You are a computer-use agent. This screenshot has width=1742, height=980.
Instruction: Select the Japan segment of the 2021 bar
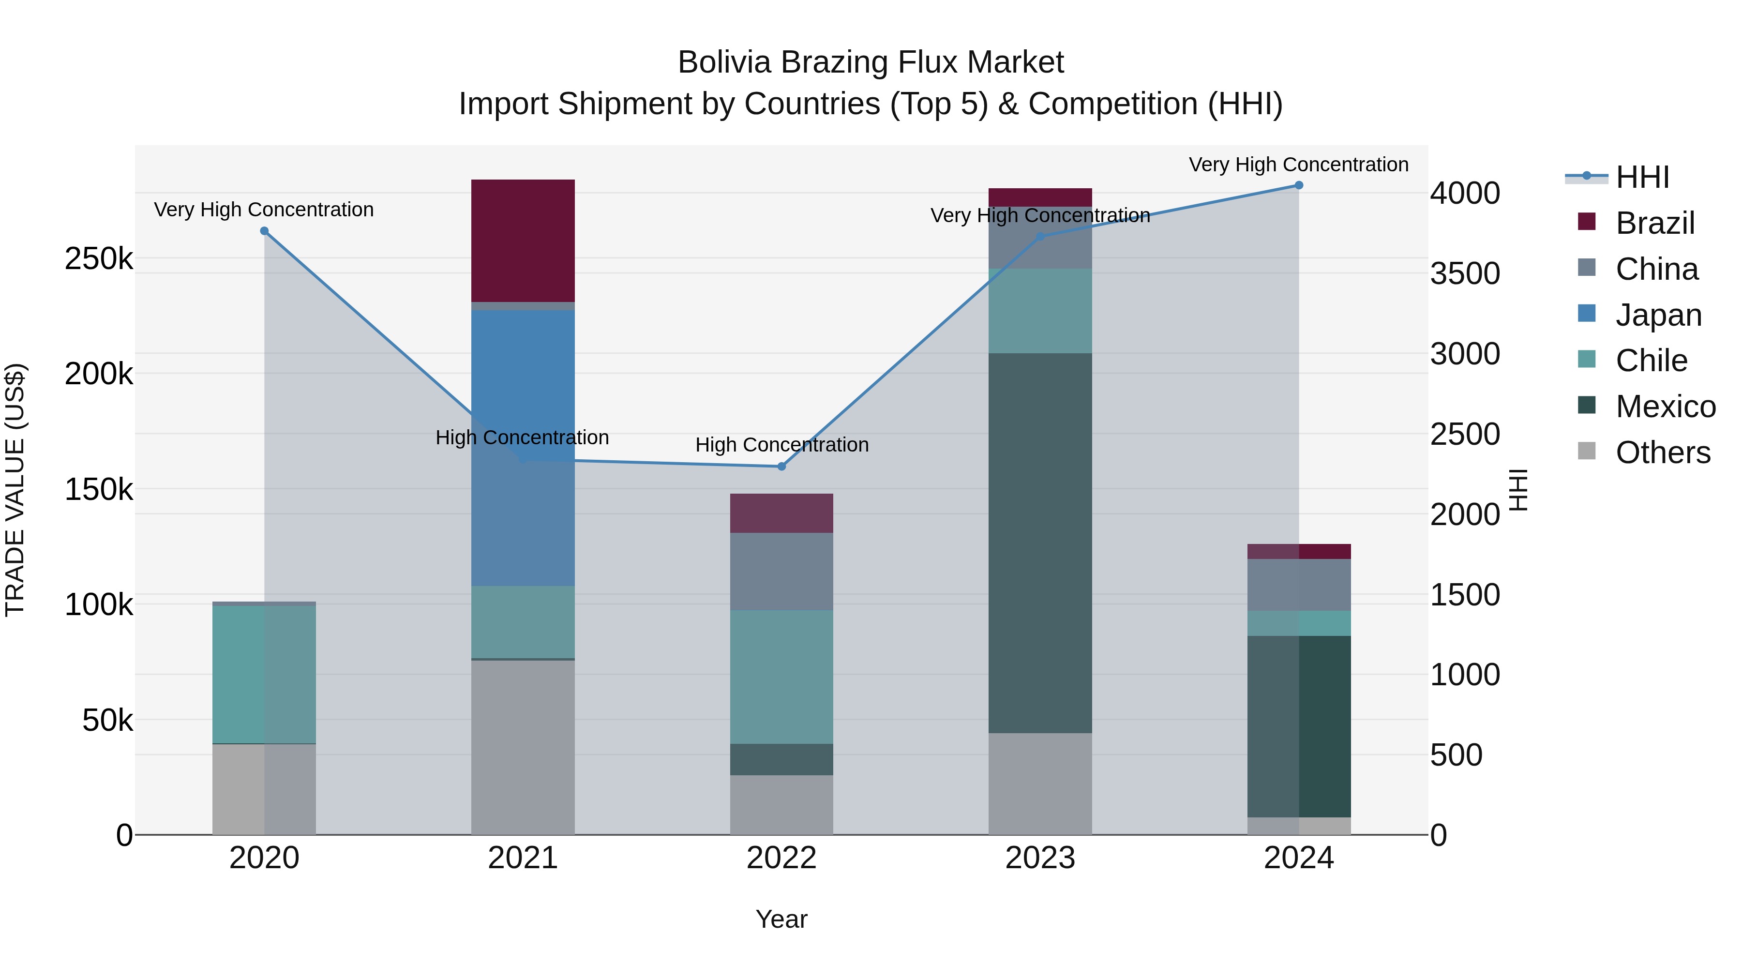pyautogui.click(x=523, y=379)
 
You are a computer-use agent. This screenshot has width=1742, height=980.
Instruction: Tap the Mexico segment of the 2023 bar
pyautogui.click(x=1040, y=543)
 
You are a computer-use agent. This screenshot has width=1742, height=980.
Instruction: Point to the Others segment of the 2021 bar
pyautogui.click(x=523, y=747)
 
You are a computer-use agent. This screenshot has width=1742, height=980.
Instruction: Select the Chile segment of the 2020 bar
pyautogui.click(x=264, y=674)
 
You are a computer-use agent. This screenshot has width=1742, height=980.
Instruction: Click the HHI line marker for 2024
pyautogui.click(x=1298, y=185)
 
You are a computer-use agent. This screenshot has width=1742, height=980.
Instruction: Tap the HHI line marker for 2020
pyautogui.click(x=264, y=231)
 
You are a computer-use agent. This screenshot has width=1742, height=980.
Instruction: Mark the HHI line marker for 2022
pyautogui.click(x=782, y=467)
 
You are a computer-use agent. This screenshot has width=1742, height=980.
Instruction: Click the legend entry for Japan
pyautogui.click(x=1658, y=315)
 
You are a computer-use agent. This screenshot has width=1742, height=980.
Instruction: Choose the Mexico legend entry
pyautogui.click(x=1665, y=407)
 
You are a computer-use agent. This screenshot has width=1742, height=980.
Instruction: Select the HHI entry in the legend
pyautogui.click(x=1642, y=177)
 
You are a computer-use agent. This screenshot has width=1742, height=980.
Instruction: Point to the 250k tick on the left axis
pyautogui.click(x=99, y=258)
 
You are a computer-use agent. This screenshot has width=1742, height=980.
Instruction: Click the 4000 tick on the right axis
pyautogui.click(x=1465, y=194)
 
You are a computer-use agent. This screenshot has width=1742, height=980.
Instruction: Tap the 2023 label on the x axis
pyautogui.click(x=1040, y=858)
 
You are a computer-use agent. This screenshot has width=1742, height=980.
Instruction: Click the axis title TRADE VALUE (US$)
pyautogui.click(x=15, y=490)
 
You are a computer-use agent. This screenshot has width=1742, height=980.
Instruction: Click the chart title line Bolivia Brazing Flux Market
pyautogui.click(x=871, y=62)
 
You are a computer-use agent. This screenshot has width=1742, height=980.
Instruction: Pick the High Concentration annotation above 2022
pyautogui.click(x=782, y=445)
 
